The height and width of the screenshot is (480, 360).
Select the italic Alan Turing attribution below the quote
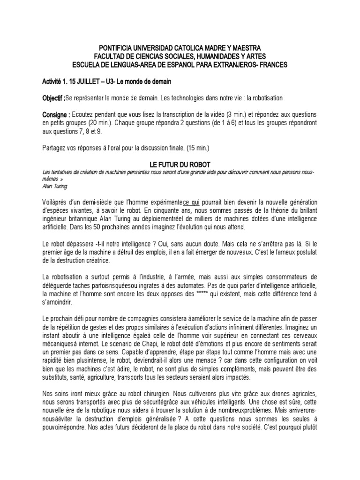pyautogui.click(x=55, y=186)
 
